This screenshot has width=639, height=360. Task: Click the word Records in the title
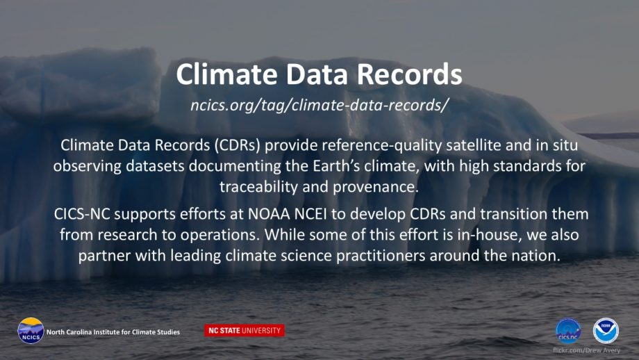[410, 74]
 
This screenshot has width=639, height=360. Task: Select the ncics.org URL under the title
[319, 105]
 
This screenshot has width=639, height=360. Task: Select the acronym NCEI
[310, 214]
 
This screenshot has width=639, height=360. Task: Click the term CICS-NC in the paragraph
[82, 214]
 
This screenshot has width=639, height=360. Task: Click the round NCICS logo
[31, 331]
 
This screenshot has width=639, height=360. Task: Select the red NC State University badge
[244, 330]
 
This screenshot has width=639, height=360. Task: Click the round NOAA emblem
[606, 331]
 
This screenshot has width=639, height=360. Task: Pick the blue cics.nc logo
[568, 331]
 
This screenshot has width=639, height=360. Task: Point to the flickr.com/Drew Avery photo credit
[586, 350]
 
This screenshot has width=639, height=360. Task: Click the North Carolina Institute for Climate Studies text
[113, 332]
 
